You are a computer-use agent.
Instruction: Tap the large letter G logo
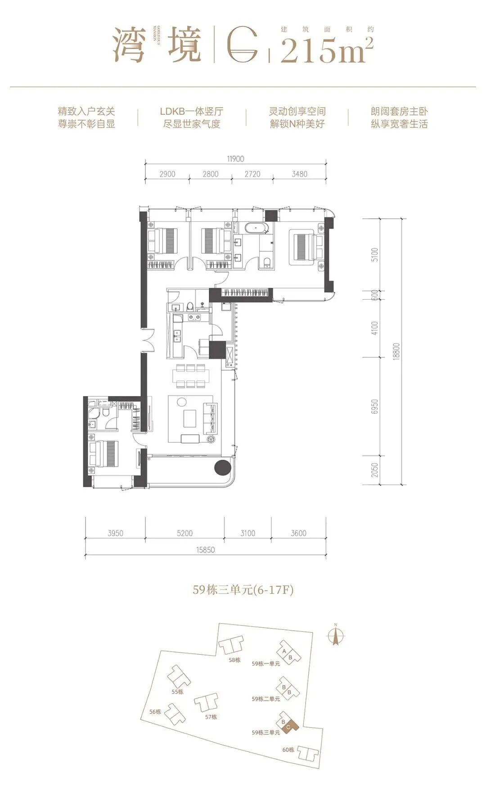pyautogui.click(x=243, y=45)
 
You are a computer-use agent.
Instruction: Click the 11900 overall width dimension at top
pyautogui.click(x=235, y=159)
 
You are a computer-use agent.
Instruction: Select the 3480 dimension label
pyautogui.click(x=299, y=174)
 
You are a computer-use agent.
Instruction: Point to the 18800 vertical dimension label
pyautogui.click(x=396, y=351)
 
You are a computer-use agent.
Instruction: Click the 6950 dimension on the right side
pyautogui.click(x=375, y=406)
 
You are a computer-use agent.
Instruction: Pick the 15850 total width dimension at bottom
pyautogui.click(x=205, y=549)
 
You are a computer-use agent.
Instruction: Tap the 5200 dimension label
pyautogui.click(x=184, y=533)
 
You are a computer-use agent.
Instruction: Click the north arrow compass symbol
pyautogui.click(x=335, y=635)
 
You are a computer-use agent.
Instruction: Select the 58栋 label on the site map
pyautogui.click(x=234, y=660)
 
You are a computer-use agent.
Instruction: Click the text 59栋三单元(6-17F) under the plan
pyautogui.click(x=243, y=589)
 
